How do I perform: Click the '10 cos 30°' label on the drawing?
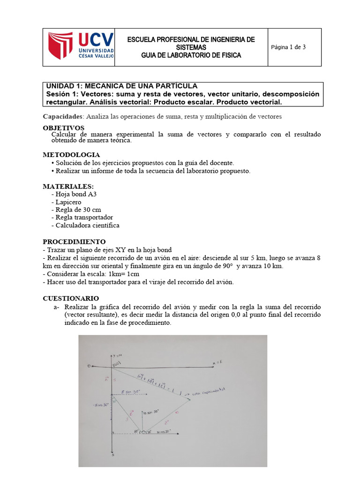(163, 431)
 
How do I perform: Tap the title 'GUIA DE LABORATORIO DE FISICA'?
(191, 55)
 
